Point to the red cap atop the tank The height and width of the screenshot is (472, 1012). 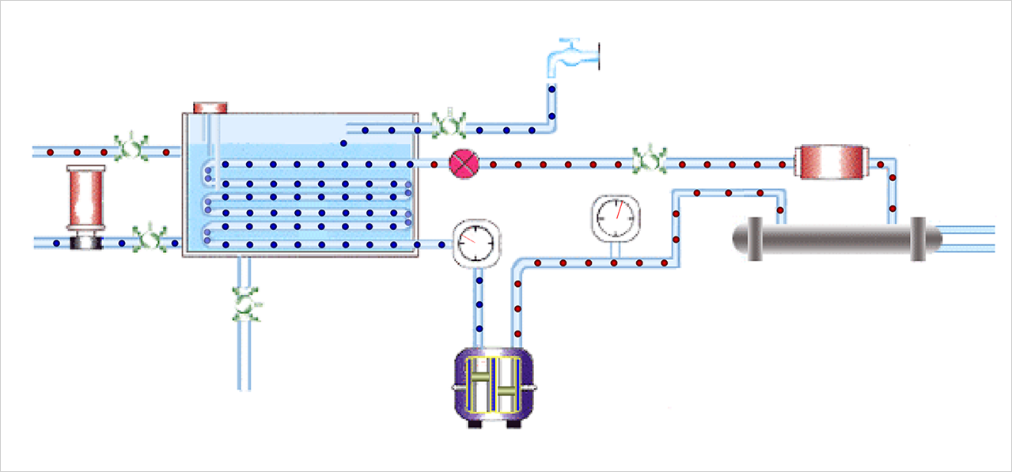tap(210, 107)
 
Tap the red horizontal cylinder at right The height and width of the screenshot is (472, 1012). tap(832, 163)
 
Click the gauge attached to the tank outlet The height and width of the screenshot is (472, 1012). tap(477, 244)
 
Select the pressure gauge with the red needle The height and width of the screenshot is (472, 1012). tap(615, 216)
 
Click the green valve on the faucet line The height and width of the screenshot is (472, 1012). tap(449, 123)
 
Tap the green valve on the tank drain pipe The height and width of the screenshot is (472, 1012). tap(246, 304)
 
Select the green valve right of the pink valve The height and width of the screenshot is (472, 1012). tap(650, 160)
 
